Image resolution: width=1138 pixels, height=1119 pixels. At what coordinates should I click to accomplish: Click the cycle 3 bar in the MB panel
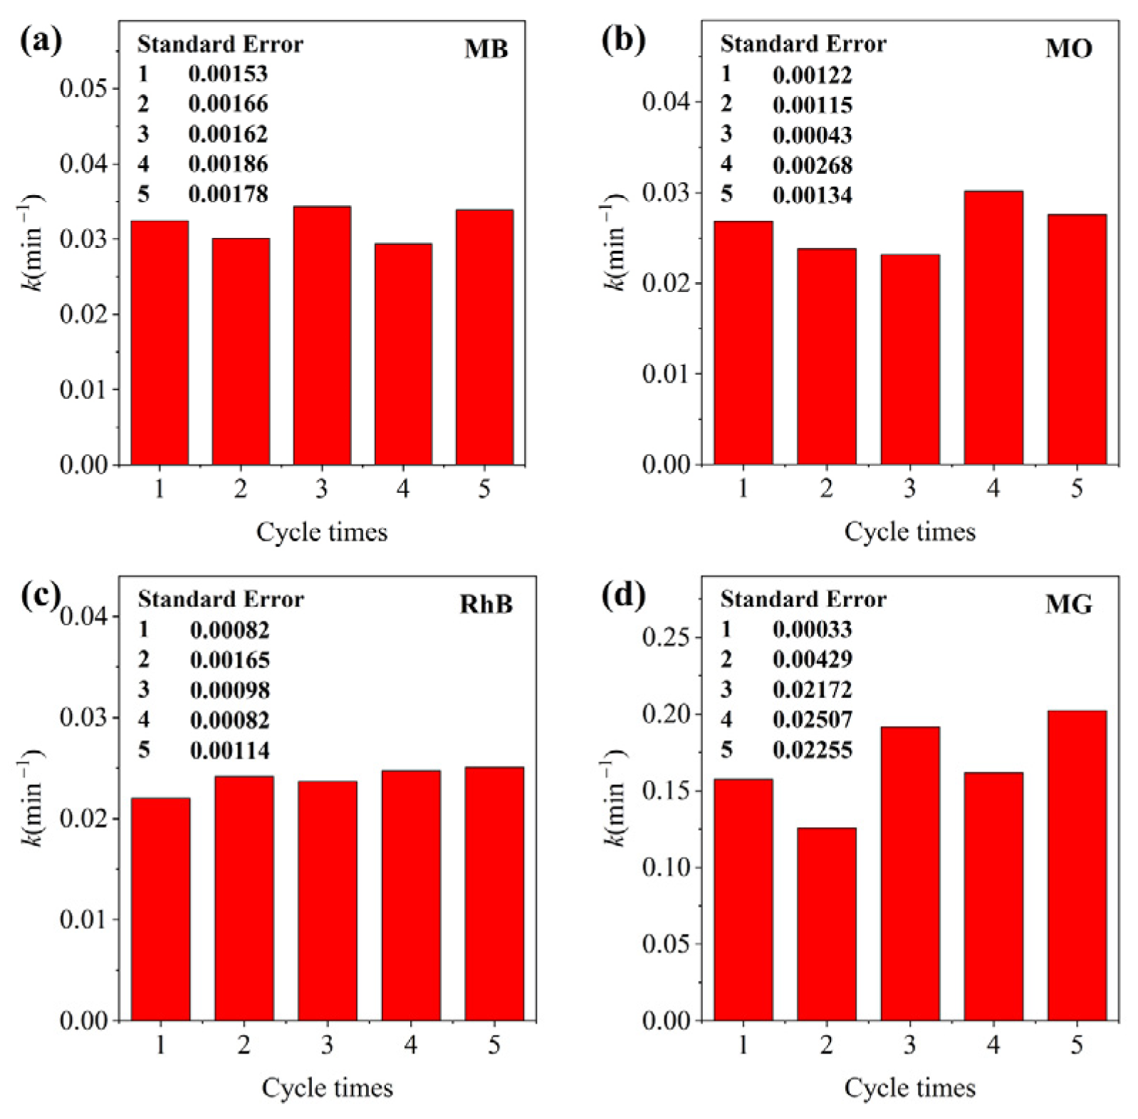point(322,335)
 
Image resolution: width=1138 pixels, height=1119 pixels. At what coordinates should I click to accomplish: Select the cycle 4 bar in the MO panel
point(993,328)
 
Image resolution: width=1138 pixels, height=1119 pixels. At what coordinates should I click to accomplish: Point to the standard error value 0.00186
point(228,164)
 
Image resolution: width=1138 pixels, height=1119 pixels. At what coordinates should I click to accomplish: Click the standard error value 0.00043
point(812,135)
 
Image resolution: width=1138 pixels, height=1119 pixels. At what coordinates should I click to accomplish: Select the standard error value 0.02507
point(812,719)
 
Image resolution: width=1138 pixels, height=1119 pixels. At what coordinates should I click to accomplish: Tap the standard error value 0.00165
point(229,660)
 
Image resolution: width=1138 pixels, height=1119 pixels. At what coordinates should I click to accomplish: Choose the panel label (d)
point(623,595)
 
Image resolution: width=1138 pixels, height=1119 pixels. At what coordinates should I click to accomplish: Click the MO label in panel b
point(1068,48)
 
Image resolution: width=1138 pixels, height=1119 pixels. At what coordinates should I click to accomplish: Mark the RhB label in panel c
point(486,604)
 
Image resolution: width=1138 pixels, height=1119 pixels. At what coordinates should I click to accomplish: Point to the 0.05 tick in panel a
point(83,88)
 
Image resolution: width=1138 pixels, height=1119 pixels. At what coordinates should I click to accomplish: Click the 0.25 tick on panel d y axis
point(666,637)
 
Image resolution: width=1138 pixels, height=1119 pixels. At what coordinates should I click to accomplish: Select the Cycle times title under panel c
point(327,1088)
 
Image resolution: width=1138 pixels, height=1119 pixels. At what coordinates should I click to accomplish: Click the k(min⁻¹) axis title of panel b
point(612,242)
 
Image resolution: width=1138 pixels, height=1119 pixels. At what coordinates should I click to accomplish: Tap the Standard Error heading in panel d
point(803,599)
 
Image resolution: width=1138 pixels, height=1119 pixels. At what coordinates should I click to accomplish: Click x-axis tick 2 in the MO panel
point(826,489)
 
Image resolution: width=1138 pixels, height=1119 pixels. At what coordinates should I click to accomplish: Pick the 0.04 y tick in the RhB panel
point(83,616)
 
